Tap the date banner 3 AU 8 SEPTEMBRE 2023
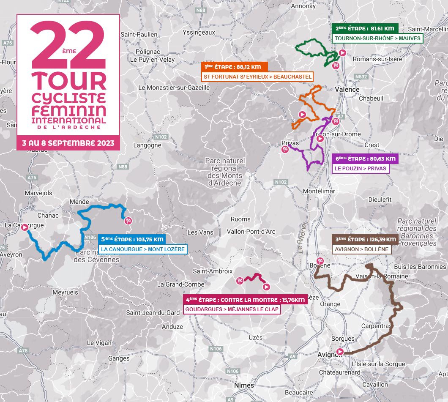[68, 143]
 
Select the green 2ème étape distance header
[365, 28]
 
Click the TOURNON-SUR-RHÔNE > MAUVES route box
[377, 38]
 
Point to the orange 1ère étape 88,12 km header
[232, 67]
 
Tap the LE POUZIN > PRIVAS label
[354, 168]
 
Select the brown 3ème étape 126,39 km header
[363, 240]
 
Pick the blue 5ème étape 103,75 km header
[131, 239]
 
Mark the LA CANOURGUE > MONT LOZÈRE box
[142, 249]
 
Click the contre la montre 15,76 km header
[246, 300]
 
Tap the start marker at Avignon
[340, 352]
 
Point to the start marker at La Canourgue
[25, 227]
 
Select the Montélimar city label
[319, 191]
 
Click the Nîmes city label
[244, 385]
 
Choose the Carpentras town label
[376, 326]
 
